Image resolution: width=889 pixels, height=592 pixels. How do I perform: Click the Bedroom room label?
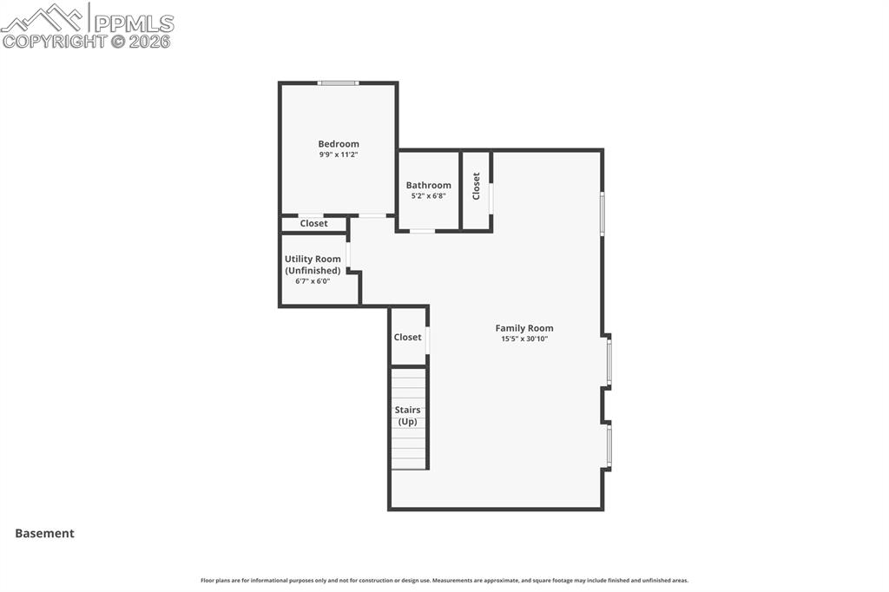pos(338,144)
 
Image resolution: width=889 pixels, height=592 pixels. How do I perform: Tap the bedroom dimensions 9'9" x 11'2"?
pos(338,155)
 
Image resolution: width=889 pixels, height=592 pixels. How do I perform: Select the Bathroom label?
pos(428,185)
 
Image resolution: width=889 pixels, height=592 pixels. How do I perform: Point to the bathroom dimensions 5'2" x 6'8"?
pos(428,196)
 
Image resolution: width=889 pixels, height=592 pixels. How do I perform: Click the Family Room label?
pos(524,328)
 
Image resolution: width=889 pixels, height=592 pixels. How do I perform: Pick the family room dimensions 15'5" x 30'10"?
pos(524,339)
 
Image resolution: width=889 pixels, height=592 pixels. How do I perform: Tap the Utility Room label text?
pos(313,259)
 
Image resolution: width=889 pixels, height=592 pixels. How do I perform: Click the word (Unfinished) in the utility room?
pos(313,270)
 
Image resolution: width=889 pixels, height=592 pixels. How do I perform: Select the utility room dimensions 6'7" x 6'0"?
pos(313,281)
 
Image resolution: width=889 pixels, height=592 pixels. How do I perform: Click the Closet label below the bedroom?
pos(313,224)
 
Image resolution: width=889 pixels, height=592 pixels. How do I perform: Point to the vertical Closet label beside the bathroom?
pos(476,186)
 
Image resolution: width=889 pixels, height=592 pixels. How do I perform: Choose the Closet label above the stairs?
pos(407,337)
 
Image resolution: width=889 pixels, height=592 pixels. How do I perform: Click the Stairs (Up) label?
pos(407,416)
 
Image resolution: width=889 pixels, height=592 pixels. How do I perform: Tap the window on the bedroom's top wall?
pos(338,83)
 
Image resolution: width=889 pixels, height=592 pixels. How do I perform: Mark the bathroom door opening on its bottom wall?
pos(422,231)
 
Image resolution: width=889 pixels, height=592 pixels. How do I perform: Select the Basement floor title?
pos(44,534)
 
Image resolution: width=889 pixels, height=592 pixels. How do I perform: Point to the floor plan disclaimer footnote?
pos(444,581)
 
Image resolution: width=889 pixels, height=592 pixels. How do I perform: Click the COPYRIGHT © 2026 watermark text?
pos(87,41)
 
